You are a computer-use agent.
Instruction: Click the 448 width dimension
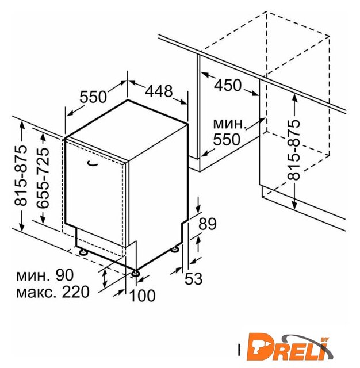(x=159, y=91)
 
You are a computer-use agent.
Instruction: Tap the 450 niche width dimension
(x=228, y=85)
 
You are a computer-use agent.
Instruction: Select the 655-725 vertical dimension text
(x=43, y=178)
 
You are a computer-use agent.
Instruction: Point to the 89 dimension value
(x=208, y=224)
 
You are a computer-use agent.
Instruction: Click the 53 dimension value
(x=194, y=279)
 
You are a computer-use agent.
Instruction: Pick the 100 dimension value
(x=142, y=296)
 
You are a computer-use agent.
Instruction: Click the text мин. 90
(x=45, y=275)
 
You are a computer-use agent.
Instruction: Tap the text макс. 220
(x=53, y=292)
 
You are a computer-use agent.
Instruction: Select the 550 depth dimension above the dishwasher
(x=93, y=97)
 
